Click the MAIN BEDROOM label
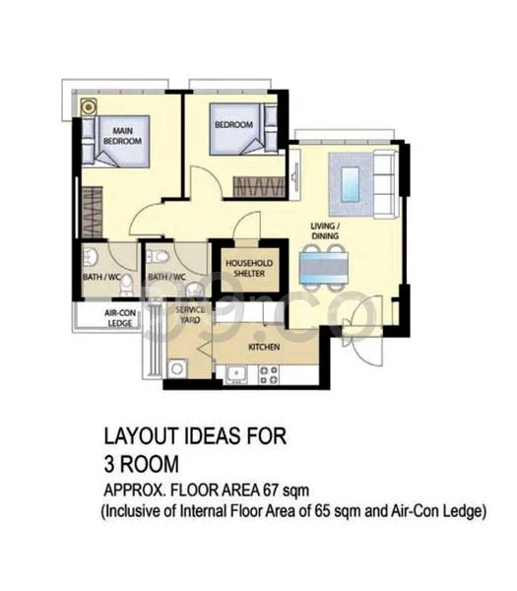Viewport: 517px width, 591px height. [x=123, y=135]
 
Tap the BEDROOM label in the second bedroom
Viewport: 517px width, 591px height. [x=234, y=125]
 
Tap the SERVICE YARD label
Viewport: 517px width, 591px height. [x=189, y=315]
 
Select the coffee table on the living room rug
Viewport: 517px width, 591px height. [x=350, y=184]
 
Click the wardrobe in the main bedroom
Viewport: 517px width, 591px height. [x=92, y=211]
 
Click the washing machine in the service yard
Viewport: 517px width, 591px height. [x=179, y=368]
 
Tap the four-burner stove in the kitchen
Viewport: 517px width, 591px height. [x=267, y=374]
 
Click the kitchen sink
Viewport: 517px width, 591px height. [x=236, y=373]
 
